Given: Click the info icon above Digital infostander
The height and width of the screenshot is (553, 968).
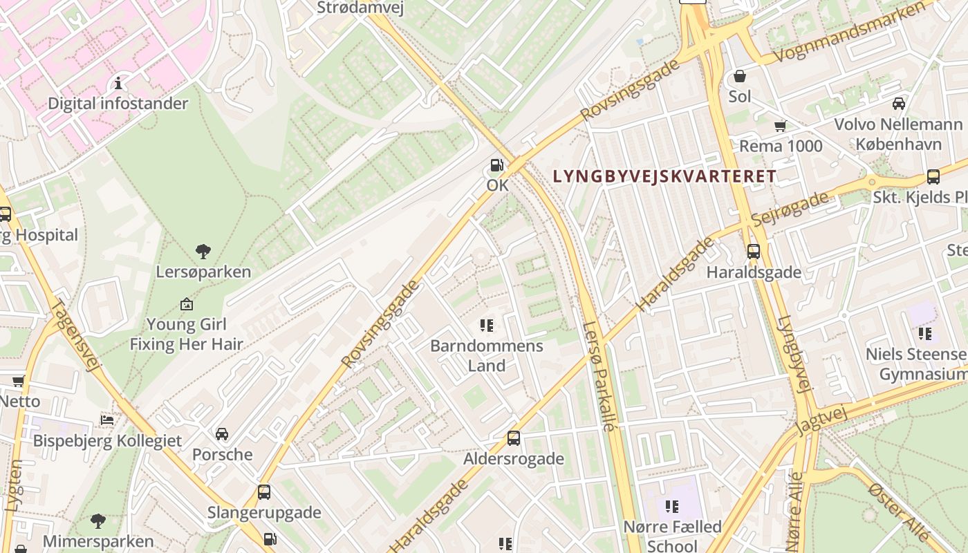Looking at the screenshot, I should tap(118, 84).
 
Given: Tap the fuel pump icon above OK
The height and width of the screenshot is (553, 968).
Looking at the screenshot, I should tap(496, 165).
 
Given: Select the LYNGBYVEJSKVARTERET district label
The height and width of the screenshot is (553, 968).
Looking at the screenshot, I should tap(664, 176).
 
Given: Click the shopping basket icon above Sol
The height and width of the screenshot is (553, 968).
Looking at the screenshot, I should tap(740, 75).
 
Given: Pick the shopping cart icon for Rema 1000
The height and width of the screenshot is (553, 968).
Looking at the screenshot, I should tap(781, 126).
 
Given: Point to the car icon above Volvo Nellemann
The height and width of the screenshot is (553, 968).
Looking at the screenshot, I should tap(898, 104).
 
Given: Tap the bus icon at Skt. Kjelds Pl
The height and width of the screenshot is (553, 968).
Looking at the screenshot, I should tap(933, 176).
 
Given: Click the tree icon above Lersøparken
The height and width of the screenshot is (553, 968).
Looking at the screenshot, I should tap(203, 251).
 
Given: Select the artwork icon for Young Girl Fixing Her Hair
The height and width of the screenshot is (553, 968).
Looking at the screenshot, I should tap(186, 303).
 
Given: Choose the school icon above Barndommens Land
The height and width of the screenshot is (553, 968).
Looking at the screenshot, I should tap(487, 325).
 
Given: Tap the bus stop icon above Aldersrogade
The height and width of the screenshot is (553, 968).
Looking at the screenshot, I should tap(513, 438).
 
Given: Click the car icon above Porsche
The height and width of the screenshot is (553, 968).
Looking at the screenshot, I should tap(222, 434).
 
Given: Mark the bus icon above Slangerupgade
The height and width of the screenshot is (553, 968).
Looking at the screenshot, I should tap(263, 492).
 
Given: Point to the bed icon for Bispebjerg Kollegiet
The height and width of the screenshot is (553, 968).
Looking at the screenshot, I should tap(107, 420).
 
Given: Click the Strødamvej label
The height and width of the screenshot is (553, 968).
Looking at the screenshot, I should tap(360, 8).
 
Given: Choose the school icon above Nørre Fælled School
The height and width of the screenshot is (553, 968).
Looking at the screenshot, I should tap(671, 507).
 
